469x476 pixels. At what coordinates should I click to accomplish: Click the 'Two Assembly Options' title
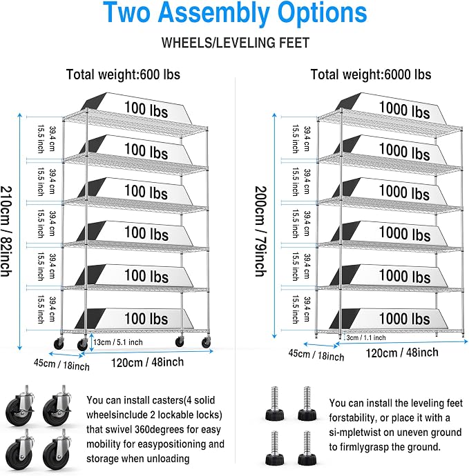235,12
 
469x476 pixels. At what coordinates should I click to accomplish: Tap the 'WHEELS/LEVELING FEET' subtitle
236,43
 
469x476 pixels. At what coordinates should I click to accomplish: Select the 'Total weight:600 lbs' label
123,75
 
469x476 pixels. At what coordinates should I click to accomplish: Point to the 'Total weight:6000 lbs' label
370,75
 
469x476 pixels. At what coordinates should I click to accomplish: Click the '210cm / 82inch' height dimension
6,231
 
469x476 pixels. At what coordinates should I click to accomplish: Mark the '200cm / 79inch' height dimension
260,231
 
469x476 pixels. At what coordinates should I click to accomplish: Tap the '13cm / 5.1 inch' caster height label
118,342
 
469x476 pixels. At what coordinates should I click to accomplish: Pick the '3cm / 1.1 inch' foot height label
366,337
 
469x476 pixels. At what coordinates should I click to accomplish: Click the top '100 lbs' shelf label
146,109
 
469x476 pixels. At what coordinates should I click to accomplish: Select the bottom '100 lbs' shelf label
146,319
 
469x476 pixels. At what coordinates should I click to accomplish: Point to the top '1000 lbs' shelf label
404,110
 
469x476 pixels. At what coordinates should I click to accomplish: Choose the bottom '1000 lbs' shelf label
404,319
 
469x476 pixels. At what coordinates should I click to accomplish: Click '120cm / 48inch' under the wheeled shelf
147,362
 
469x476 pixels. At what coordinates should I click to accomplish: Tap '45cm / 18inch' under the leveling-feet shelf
316,355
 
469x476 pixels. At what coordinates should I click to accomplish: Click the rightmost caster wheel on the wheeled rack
206,342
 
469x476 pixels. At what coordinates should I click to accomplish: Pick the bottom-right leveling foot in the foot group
307,448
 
